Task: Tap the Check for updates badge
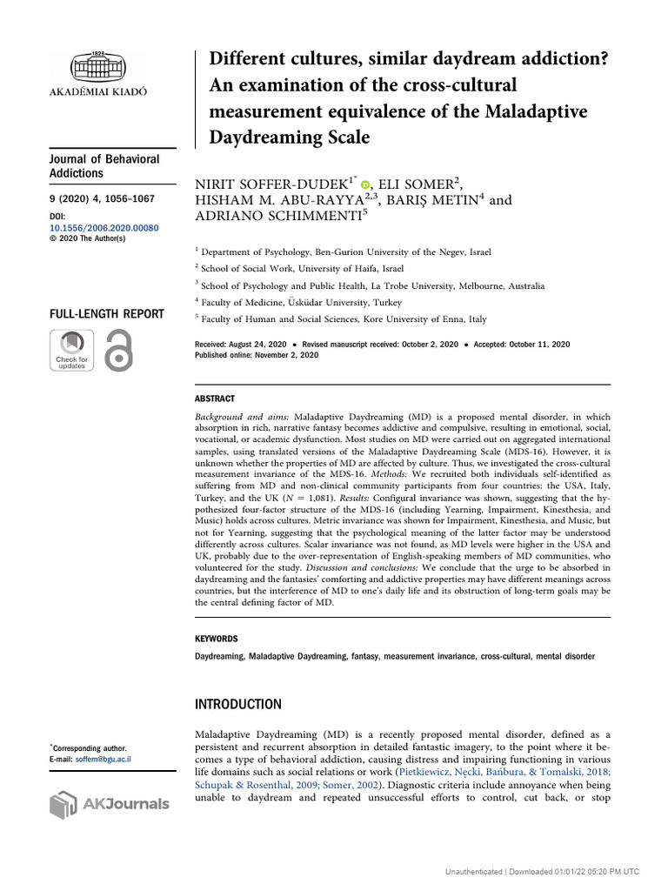[x=71, y=352]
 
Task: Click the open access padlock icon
[x=117, y=352]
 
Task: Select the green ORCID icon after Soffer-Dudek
[x=365, y=184]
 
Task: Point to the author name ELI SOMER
[x=419, y=183]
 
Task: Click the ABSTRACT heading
[x=215, y=399]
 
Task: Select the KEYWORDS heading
[x=217, y=638]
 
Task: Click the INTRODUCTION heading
[x=238, y=704]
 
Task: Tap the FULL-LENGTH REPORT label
[x=105, y=314]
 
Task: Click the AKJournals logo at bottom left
[x=109, y=803]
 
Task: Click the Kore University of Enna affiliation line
[x=344, y=319]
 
